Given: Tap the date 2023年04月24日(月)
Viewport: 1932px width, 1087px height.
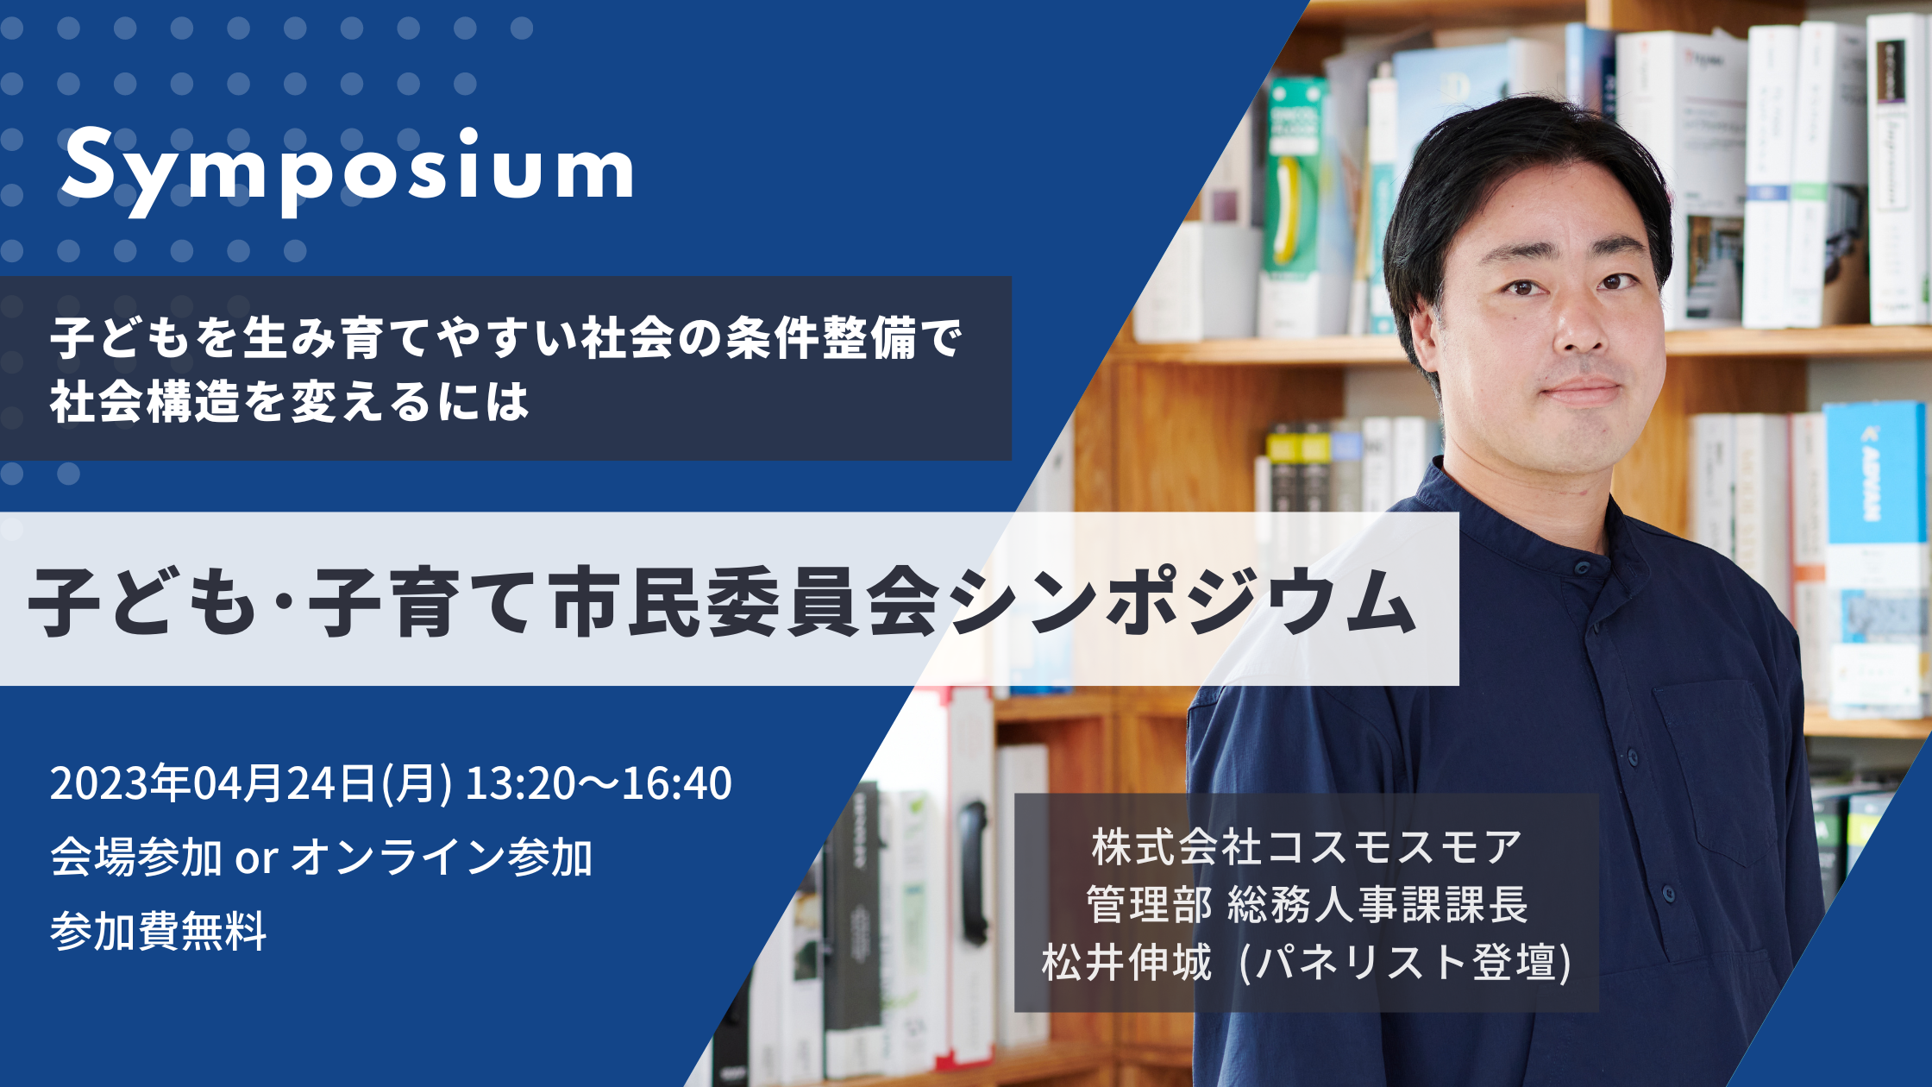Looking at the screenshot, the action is pyautogui.click(x=251, y=783).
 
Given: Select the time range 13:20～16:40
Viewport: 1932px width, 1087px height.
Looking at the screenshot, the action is pyautogui.click(x=599, y=783).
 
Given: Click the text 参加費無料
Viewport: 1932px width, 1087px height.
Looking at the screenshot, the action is pyautogui.click(x=159, y=932).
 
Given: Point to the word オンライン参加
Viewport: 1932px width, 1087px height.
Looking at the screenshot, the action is pyautogui.click(x=442, y=858).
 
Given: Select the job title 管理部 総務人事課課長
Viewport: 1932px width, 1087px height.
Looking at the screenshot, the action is pyautogui.click(x=1307, y=904).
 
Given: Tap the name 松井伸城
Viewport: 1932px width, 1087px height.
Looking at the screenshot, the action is pyautogui.click(x=1126, y=962).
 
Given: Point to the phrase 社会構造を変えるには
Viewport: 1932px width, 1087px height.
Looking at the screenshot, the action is pyautogui.click(x=290, y=403).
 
